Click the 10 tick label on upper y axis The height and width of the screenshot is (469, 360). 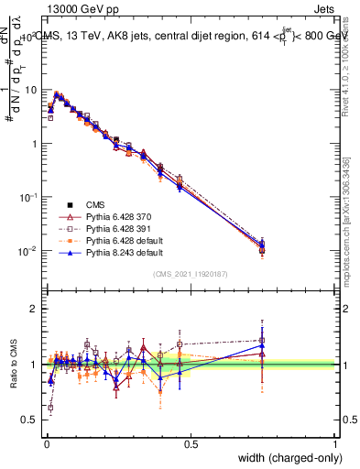tap(30, 90)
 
